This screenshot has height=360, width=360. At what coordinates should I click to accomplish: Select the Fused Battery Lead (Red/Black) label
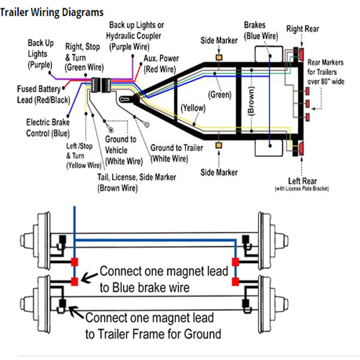point(40,94)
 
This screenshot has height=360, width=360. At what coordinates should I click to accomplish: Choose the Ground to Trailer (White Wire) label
point(175,153)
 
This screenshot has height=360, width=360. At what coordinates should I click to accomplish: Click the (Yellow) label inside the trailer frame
point(192,109)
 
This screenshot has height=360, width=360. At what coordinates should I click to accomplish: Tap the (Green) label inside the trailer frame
point(220,94)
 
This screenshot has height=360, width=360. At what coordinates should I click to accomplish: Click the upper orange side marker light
point(219,56)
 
